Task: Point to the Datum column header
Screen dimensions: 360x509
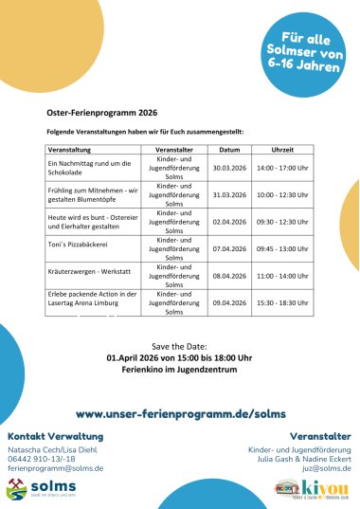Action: (229, 150)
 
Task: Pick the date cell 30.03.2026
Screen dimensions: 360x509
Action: (229, 168)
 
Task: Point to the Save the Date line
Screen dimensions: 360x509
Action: (179, 346)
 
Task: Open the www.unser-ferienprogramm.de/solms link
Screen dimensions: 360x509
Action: (180, 414)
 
